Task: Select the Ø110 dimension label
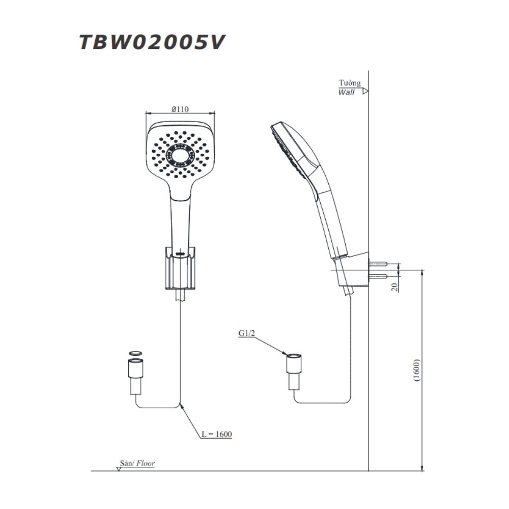[180, 108]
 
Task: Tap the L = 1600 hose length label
[216, 434]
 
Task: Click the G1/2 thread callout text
[247, 334]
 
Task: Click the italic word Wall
[346, 93]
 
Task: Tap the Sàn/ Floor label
[137, 464]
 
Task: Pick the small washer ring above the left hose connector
[135, 353]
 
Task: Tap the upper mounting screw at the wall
[378, 264]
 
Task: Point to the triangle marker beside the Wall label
[365, 92]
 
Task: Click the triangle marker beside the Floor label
[118, 469]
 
